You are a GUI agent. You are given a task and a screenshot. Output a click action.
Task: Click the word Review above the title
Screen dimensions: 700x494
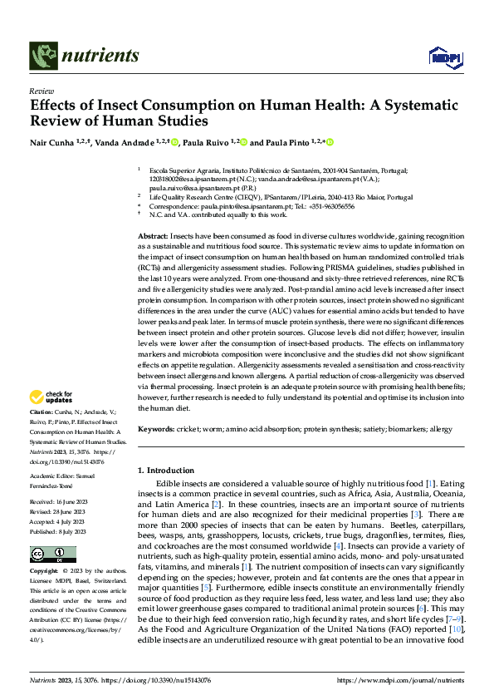point(41,91)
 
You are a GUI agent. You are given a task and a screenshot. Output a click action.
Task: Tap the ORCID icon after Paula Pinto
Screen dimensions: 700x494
point(330,143)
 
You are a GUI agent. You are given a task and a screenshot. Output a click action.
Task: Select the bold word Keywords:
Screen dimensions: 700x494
point(156,429)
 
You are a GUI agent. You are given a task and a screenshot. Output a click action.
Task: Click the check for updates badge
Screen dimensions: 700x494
point(53,397)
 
